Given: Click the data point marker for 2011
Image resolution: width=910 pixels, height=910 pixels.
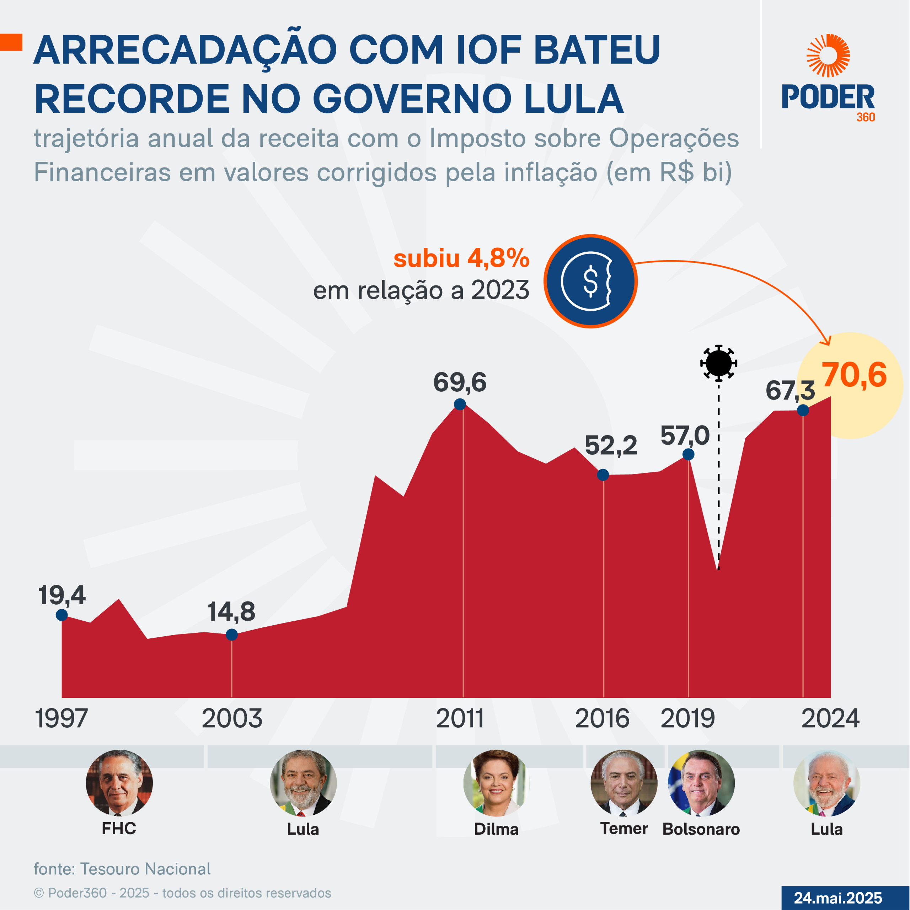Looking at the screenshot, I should pos(460,404).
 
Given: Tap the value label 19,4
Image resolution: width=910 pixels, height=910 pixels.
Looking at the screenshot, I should pos(62,595).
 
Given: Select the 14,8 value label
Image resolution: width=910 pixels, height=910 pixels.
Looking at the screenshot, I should pos(231,612).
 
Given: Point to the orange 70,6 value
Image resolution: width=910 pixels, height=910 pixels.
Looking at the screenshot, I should pos(855,375).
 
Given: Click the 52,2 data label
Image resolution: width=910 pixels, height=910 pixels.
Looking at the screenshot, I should pos(611,445).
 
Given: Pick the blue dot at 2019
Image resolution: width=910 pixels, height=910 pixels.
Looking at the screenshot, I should pos(688,454).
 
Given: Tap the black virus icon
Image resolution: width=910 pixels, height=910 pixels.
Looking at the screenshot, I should pos(718,363).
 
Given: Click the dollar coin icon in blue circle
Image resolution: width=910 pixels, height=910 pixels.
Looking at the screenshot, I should pos(590,281).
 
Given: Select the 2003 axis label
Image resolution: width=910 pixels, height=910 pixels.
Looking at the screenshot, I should pos(232,718).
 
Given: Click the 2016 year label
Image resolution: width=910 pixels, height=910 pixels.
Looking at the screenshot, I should pos(602,718).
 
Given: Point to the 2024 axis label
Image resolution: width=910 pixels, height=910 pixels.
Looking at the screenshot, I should pos(830,718).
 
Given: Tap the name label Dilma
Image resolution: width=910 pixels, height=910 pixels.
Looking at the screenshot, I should pos(496,829).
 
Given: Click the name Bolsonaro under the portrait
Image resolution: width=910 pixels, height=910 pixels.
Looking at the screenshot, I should pos(701,829).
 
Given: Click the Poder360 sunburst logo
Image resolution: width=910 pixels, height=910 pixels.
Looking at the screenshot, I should pos(828,55).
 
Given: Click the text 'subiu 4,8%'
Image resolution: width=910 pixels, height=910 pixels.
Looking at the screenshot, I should pos(461,258).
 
